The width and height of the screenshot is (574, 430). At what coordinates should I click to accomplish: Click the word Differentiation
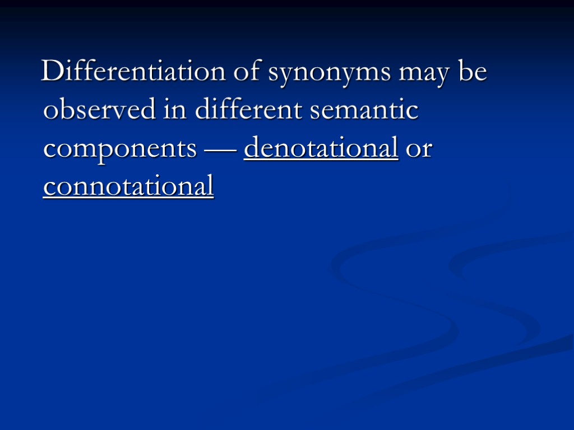click(132, 73)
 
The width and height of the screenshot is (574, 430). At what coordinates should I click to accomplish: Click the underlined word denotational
click(321, 148)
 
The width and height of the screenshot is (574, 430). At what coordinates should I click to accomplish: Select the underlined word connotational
click(128, 186)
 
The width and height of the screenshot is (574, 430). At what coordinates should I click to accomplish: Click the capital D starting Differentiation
click(52, 73)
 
